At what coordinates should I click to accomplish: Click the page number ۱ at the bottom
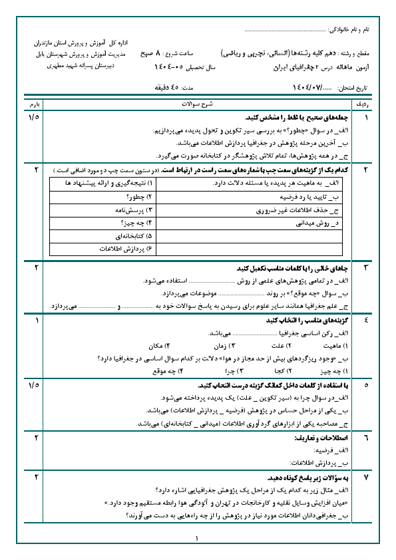(x=198, y=539)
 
